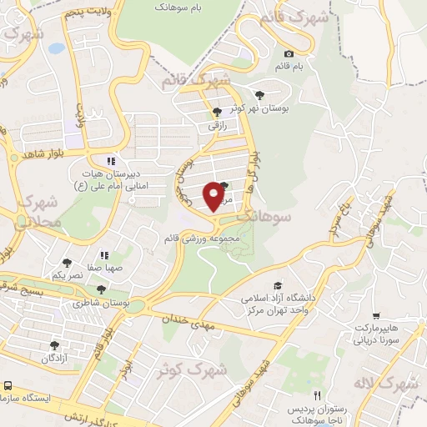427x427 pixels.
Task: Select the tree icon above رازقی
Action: (217, 112)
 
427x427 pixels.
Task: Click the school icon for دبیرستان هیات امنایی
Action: (109, 162)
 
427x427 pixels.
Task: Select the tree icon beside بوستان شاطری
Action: (102, 289)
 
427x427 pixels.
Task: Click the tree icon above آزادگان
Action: (55, 344)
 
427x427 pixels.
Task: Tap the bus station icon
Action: (8, 386)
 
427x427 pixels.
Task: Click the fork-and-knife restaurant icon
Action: (316, 394)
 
